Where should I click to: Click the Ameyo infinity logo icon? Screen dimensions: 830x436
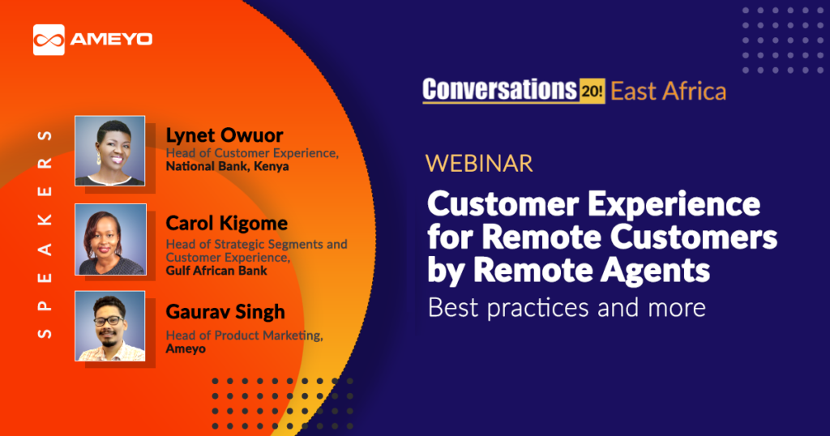pos(49,40)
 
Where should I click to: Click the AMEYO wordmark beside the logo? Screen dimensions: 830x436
pos(111,40)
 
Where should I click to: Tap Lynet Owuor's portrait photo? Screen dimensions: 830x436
pos(109,151)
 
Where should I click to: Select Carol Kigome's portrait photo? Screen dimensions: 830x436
pos(110,239)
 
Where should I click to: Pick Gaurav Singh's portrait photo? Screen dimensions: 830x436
pos(109,326)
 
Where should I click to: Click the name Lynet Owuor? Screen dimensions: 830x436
pos(225,135)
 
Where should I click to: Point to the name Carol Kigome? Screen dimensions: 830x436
pos(227,224)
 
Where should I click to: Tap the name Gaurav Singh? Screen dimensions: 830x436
pos(225,312)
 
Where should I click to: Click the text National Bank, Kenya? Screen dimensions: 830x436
pos(227,166)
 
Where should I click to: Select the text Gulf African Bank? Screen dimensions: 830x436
pos(216,271)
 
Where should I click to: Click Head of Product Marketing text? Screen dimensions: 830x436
pos(244,336)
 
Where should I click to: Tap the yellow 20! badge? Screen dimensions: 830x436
pos(592,91)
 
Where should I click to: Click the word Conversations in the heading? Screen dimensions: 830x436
pos(499,89)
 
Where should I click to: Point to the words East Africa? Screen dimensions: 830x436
pos(668,91)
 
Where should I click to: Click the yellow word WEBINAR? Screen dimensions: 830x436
pos(479,164)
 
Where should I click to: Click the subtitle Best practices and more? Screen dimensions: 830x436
pos(567,307)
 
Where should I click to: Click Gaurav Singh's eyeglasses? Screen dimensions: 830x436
pos(109,320)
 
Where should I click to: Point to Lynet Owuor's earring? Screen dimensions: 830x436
pos(98,160)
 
